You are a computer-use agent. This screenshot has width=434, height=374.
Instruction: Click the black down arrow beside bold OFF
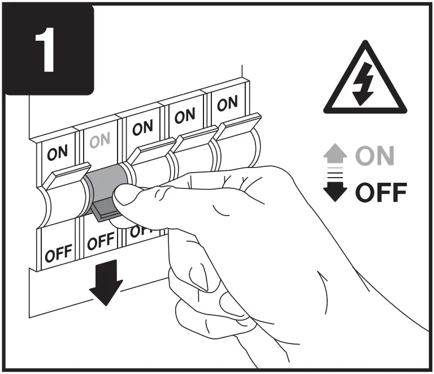coord(338,192)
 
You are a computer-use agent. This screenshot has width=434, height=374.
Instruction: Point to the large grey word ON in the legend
coord(374,156)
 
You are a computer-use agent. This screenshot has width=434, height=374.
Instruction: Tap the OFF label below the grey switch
coord(101,242)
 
